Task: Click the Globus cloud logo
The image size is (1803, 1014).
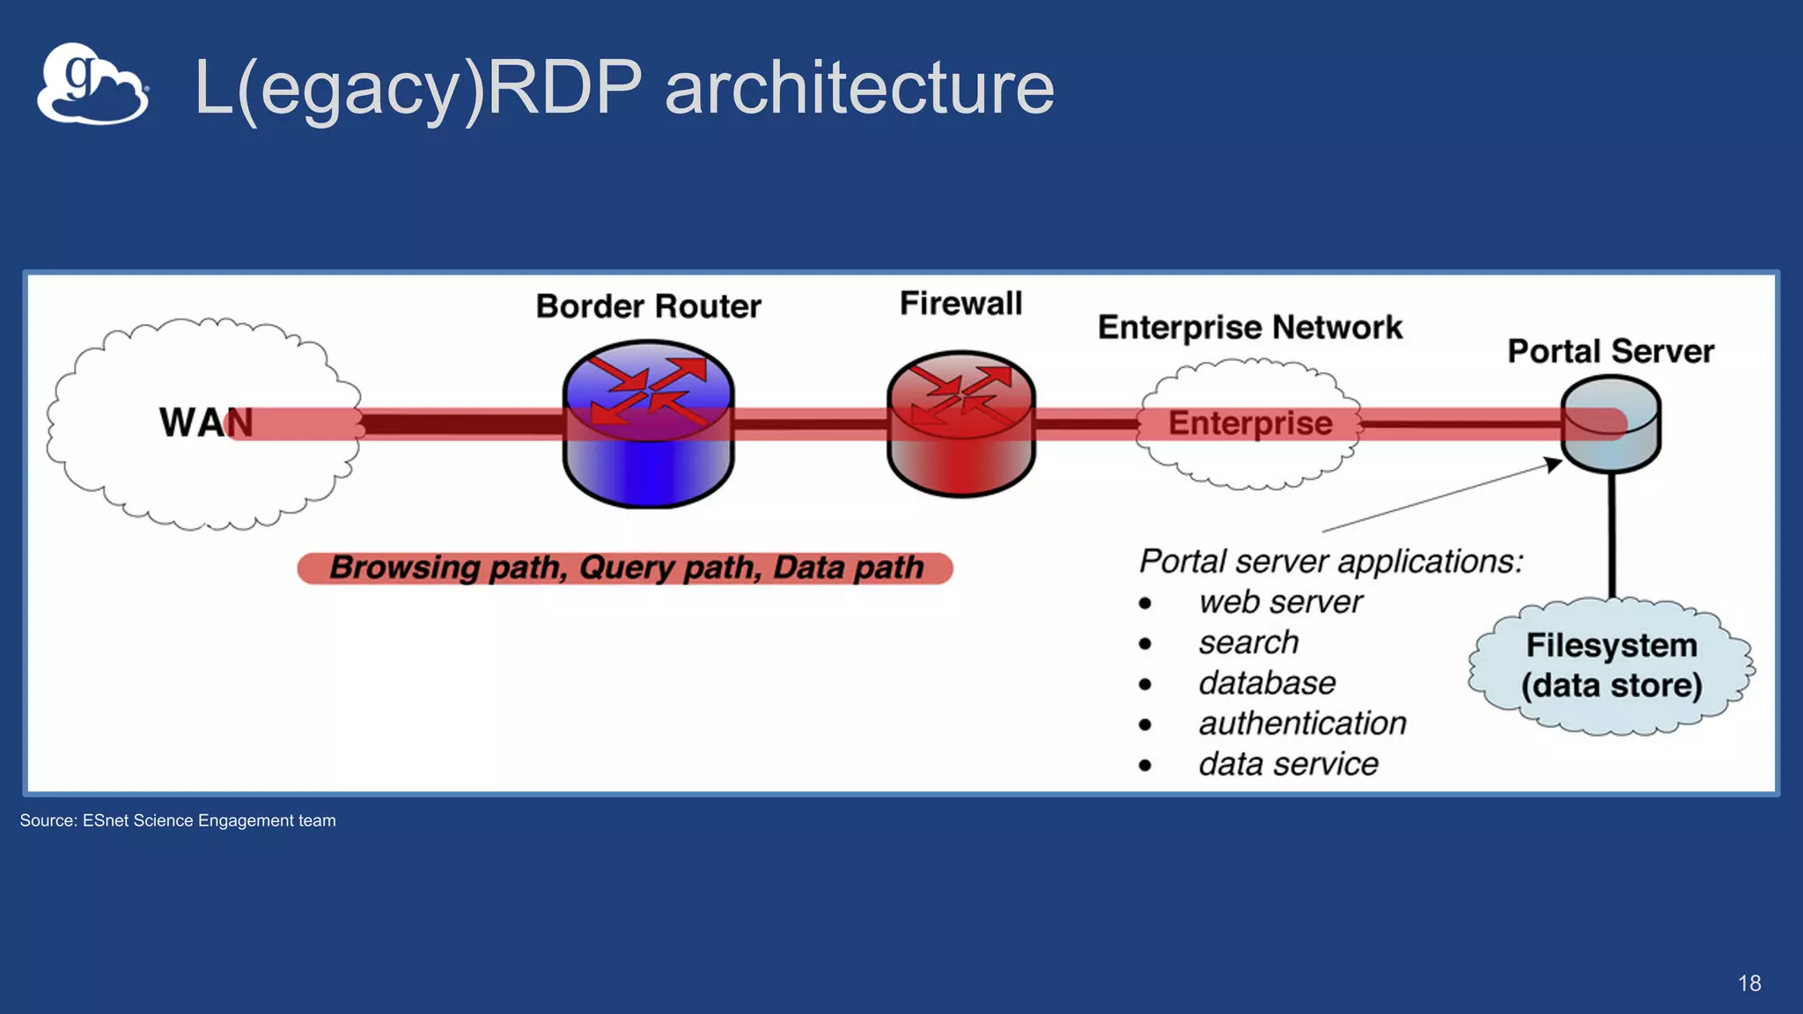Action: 92,84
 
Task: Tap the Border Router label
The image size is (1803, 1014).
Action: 648,306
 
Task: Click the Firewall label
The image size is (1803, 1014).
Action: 960,304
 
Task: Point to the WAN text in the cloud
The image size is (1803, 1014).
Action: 204,423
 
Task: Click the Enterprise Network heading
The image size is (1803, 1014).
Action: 1249,327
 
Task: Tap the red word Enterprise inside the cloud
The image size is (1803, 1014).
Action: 1249,423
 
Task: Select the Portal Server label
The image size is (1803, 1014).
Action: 1610,351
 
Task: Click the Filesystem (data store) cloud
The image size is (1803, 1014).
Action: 1611,666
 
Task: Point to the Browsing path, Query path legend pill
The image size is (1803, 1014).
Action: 625,568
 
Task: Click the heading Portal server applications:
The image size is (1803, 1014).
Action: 1330,561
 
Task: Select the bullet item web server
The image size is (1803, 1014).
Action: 1279,602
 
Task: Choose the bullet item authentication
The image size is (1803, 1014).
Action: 1301,724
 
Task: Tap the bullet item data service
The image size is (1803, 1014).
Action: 1287,764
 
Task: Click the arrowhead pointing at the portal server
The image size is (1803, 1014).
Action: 1553,463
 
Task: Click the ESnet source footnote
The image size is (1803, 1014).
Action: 178,820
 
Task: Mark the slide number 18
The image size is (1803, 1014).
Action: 1748,983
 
